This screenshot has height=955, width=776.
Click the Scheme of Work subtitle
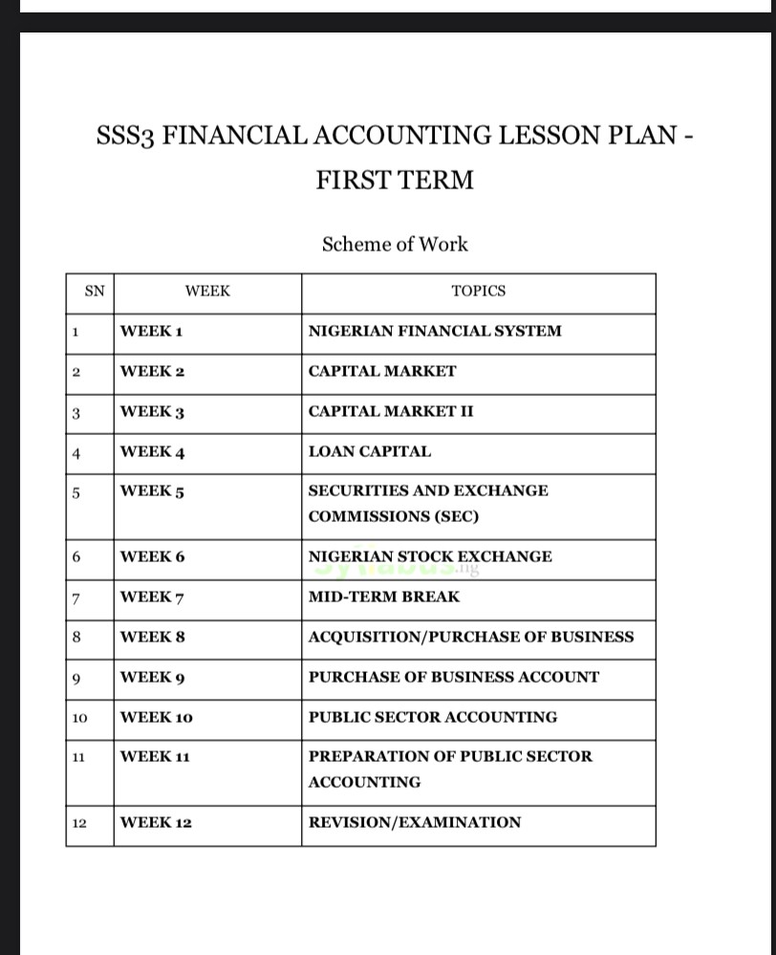click(395, 244)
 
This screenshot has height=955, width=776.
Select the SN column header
click(94, 291)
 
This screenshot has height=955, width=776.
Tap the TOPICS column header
click(478, 291)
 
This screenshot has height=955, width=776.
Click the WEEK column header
click(207, 291)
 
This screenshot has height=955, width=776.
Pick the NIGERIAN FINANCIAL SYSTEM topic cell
click(435, 332)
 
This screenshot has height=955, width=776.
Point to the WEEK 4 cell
click(152, 452)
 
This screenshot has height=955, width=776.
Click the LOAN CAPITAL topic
click(370, 452)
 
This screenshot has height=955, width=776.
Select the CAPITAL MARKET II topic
click(391, 412)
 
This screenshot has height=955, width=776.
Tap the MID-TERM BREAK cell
click(384, 597)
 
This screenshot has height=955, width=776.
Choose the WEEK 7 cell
click(152, 597)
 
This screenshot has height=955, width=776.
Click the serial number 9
click(75, 678)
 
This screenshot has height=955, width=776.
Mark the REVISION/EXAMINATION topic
click(415, 822)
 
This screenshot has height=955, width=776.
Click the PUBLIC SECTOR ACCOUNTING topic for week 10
click(433, 717)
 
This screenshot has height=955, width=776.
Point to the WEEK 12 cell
click(156, 822)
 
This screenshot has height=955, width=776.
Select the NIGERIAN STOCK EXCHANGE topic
click(430, 556)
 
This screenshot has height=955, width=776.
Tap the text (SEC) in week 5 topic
click(457, 516)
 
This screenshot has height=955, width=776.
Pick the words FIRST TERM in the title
click(395, 180)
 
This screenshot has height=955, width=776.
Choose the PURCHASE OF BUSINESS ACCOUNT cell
click(454, 677)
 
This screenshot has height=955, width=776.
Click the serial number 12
click(79, 823)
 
